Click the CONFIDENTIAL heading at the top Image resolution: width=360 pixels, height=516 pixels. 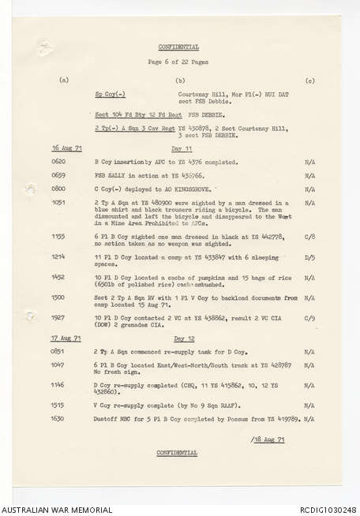pos(178,47)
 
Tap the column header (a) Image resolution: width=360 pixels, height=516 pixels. pos(63,80)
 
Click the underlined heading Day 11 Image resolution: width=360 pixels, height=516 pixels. pos(182,148)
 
